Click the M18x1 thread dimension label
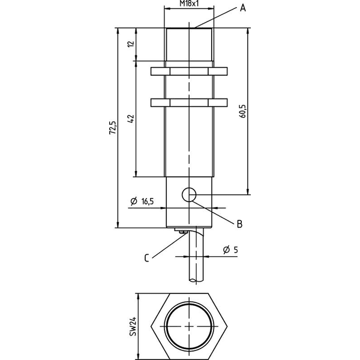[189, 4]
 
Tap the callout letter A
[242, 8]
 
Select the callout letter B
[239, 224]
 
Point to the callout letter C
[147, 258]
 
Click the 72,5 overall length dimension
[113, 128]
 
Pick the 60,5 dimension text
[242, 111]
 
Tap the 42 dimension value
[131, 119]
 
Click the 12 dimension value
[131, 44]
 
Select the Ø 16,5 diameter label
[142, 202]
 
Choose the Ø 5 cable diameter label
[230, 250]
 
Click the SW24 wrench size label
[133, 326]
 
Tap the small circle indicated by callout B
[189, 194]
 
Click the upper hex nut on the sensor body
[189, 71]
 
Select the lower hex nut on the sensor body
[189, 103]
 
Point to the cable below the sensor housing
[197, 255]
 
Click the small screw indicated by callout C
[183, 232]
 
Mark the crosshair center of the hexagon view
[189, 326]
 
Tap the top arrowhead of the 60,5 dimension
[247, 31]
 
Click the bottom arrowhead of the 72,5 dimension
[118, 225]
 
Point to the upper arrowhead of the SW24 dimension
[138, 296]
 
